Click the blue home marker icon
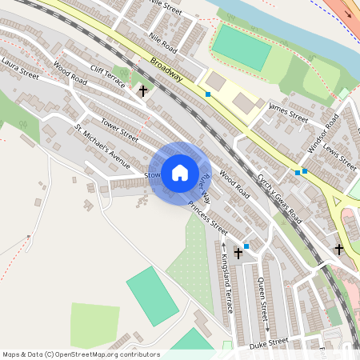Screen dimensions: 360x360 179,173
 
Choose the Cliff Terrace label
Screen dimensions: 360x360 108,75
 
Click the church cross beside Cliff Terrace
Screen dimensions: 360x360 143,91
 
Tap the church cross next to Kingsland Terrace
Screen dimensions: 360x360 238,252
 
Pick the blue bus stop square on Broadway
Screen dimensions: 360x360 208,94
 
